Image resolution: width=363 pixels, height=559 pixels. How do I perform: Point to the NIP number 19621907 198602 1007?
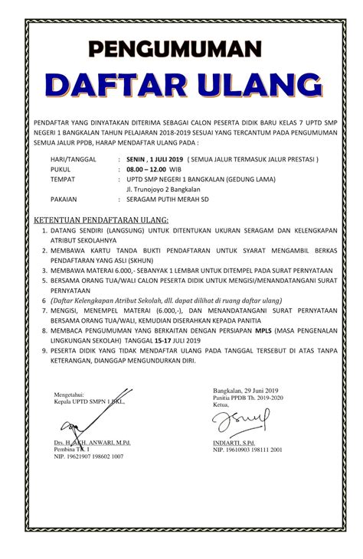click(x=88, y=457)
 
